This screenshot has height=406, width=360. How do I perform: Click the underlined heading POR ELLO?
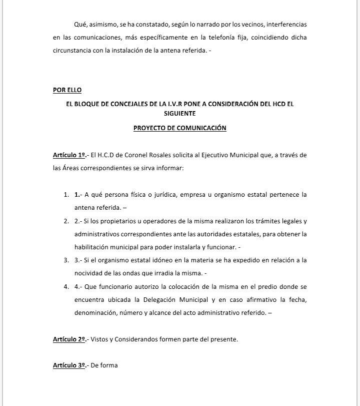pos(67,90)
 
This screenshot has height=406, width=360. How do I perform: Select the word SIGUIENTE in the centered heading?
pos(180,114)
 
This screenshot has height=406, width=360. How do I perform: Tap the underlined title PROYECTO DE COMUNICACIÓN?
pos(180,128)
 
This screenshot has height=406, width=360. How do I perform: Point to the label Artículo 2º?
pos(69,339)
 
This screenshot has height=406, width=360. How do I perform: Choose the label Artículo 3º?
pos(69,365)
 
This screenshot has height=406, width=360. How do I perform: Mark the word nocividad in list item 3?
pos(89,273)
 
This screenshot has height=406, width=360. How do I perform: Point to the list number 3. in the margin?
pos(66,260)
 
